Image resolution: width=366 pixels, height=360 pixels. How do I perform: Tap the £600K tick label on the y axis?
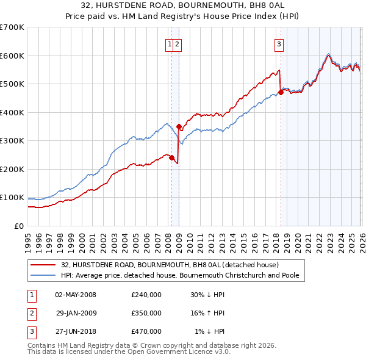[x=12, y=56]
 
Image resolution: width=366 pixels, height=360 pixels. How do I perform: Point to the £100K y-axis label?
[x=12, y=198]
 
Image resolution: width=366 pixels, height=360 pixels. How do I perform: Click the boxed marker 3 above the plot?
[x=279, y=44]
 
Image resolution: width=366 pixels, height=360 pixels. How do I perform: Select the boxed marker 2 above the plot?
[x=177, y=44]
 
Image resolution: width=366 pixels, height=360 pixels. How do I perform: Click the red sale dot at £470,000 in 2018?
[x=281, y=92]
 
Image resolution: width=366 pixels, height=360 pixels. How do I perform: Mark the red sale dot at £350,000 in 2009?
[x=179, y=126]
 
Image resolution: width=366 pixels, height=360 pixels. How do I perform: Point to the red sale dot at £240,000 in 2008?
[x=171, y=157]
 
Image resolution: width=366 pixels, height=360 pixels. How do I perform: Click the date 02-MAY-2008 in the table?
[x=75, y=295]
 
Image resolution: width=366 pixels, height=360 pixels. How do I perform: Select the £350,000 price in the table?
[x=146, y=313]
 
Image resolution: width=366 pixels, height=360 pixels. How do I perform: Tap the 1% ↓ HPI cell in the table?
[x=210, y=331]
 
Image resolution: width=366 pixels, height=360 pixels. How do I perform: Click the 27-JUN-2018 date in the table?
[x=75, y=331]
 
